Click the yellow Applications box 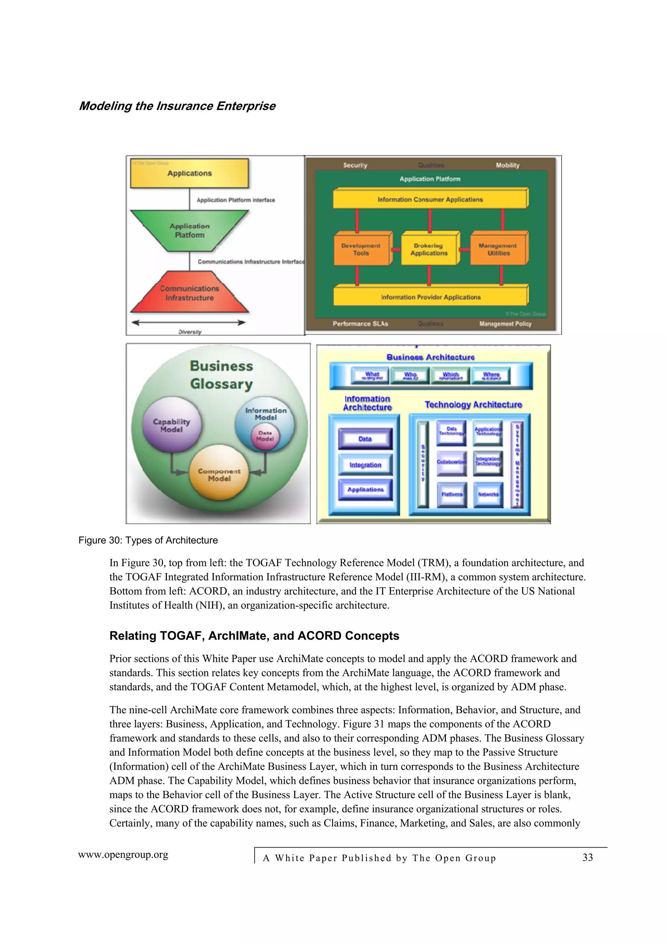[x=190, y=173]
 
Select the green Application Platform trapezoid [x=190, y=230]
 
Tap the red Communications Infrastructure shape [x=190, y=293]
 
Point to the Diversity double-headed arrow [x=189, y=323]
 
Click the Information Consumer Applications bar [x=430, y=200]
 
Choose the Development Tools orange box [x=361, y=249]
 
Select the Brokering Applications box [x=429, y=249]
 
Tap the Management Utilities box [x=498, y=249]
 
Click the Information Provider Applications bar [x=430, y=297]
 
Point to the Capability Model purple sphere [x=172, y=425]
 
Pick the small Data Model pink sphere [x=265, y=436]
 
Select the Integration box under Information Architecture [x=365, y=465]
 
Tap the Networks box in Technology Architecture [x=488, y=494]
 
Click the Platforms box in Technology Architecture [x=452, y=494]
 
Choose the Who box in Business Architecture [x=410, y=375]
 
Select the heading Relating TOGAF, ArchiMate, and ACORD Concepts [x=254, y=636]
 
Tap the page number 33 [x=588, y=858]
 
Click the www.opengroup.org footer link [x=123, y=855]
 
